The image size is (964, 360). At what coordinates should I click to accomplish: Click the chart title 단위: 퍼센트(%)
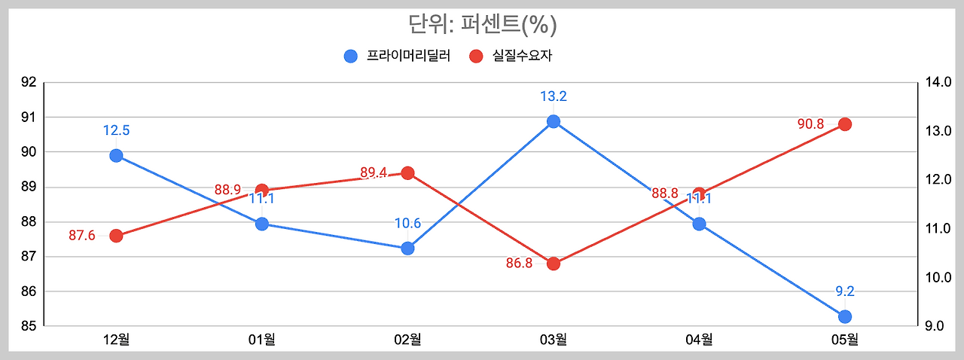tap(482, 25)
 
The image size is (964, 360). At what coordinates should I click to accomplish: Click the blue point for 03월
tap(554, 121)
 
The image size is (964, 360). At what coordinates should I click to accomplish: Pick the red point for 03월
tap(554, 264)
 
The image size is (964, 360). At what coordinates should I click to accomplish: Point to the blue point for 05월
tap(845, 316)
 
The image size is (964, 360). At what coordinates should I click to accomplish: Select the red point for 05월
tap(845, 124)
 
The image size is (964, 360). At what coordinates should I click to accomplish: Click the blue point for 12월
tap(116, 156)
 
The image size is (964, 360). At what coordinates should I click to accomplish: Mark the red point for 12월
tap(116, 236)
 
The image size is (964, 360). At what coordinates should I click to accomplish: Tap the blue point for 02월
tap(407, 248)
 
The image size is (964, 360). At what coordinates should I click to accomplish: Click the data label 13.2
tap(554, 96)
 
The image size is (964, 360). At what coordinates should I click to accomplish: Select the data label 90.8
tap(810, 124)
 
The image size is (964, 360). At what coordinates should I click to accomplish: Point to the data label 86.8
tap(519, 264)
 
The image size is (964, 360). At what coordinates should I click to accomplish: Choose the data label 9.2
tap(845, 291)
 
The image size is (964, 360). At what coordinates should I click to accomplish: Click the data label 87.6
tap(82, 236)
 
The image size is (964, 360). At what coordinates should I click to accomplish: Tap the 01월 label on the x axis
tap(261, 340)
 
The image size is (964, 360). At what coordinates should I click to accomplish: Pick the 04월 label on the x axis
tap(699, 340)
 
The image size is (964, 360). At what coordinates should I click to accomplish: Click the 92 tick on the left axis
tap(28, 82)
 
